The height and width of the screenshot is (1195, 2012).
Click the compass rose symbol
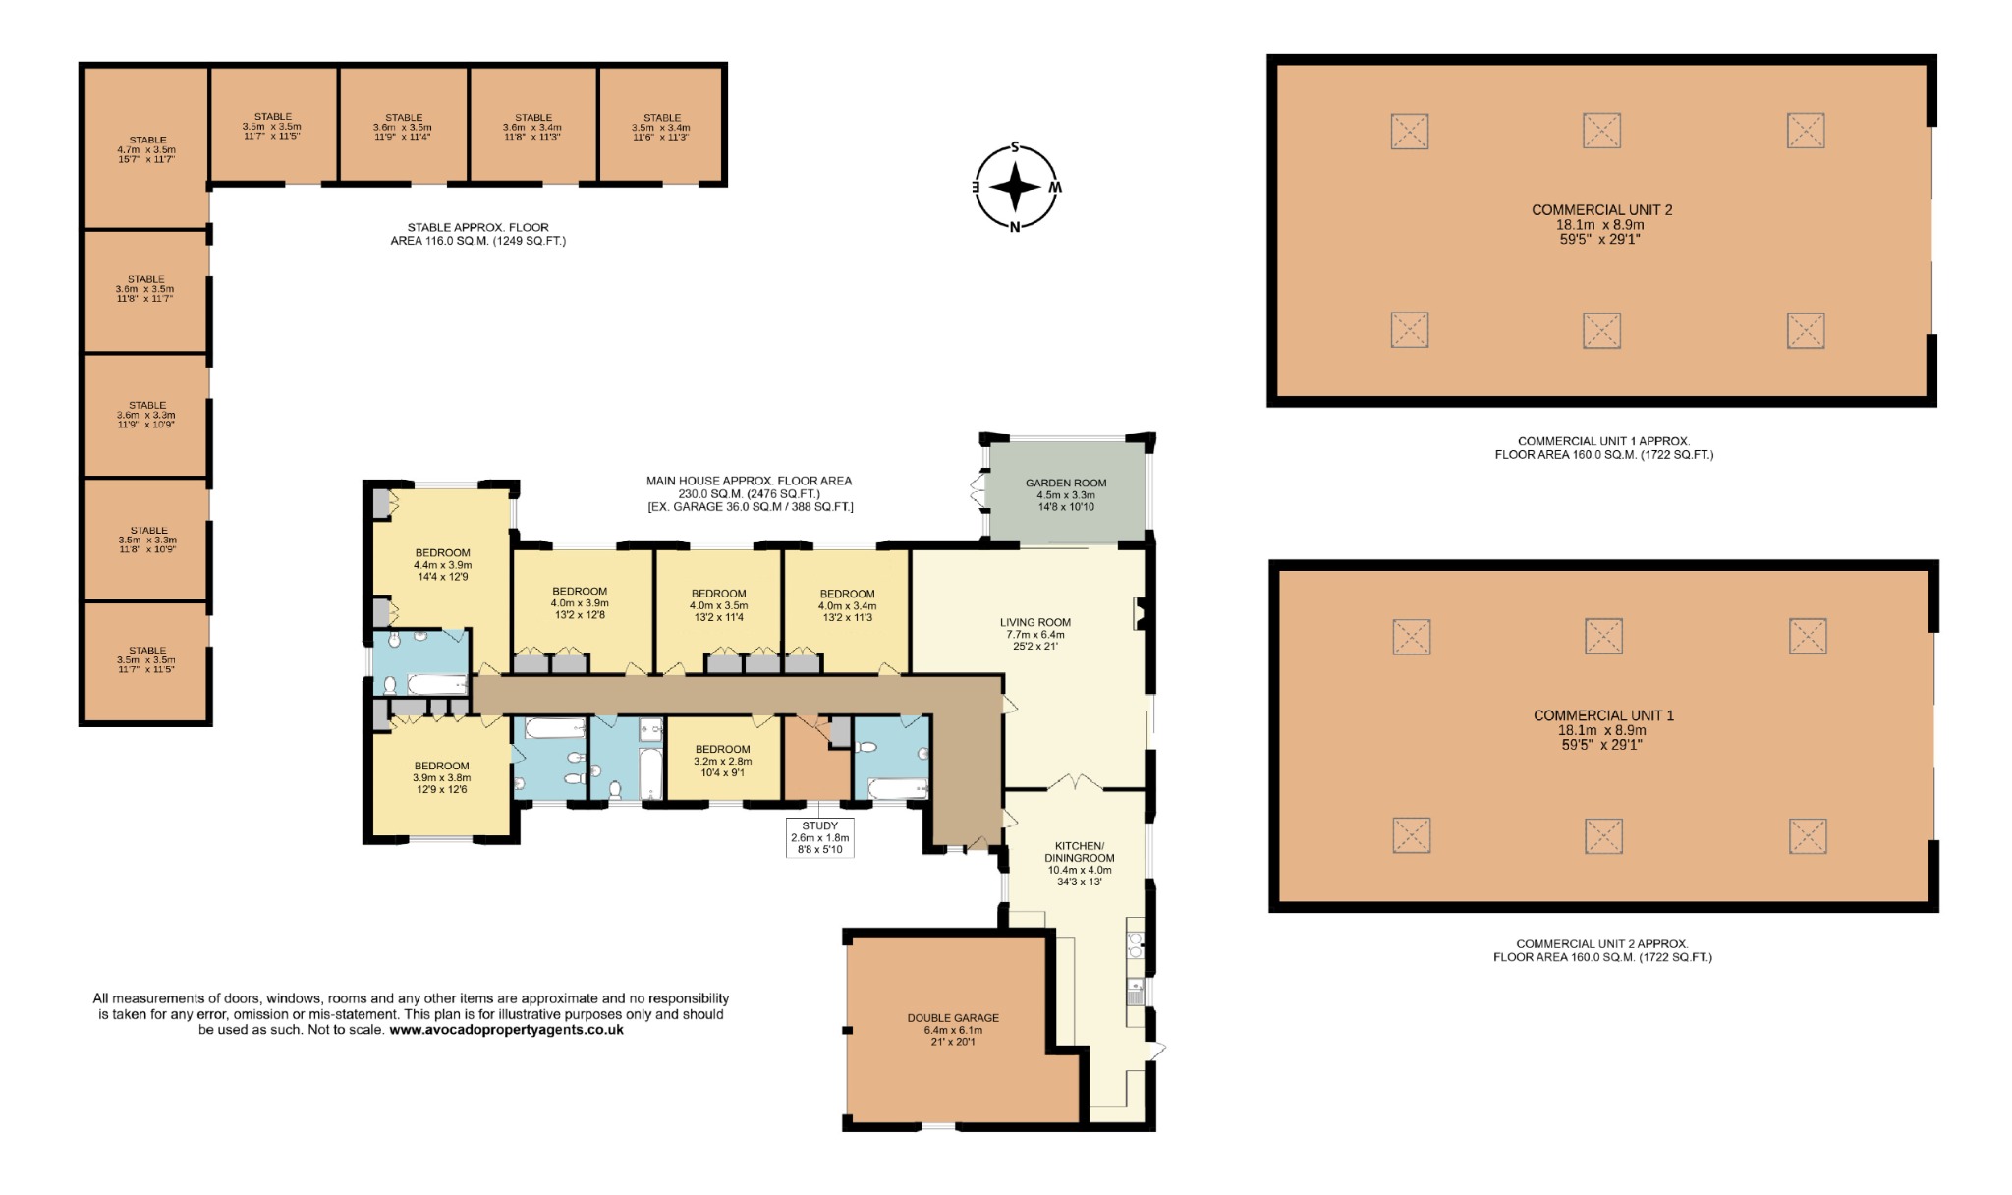click(x=1016, y=187)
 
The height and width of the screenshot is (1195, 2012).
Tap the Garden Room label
click(x=1066, y=494)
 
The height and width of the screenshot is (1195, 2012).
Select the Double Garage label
click(x=953, y=1029)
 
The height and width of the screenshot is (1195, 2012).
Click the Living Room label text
click(x=1035, y=634)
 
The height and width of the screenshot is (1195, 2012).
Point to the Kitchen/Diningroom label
click(x=1079, y=864)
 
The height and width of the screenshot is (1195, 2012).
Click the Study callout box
click(x=820, y=837)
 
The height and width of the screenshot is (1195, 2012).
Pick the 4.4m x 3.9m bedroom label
click(x=442, y=564)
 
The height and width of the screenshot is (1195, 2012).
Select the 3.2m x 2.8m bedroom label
click(x=722, y=761)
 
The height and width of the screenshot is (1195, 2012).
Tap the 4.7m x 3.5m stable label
click(x=147, y=149)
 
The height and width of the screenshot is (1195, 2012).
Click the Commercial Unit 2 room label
click(x=1601, y=224)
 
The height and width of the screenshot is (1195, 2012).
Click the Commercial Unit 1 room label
click(x=1603, y=729)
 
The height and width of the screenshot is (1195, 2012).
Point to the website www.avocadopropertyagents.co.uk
click(x=506, y=1030)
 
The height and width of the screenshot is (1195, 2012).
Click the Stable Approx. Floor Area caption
click(x=477, y=234)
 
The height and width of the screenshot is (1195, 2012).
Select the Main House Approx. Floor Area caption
click(x=750, y=493)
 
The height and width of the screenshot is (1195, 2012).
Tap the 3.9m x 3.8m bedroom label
click(x=441, y=777)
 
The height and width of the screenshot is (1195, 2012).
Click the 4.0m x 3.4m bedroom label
click(x=847, y=605)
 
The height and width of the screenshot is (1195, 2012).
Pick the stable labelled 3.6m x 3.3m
click(x=147, y=415)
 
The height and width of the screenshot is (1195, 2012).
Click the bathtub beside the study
click(x=898, y=788)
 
